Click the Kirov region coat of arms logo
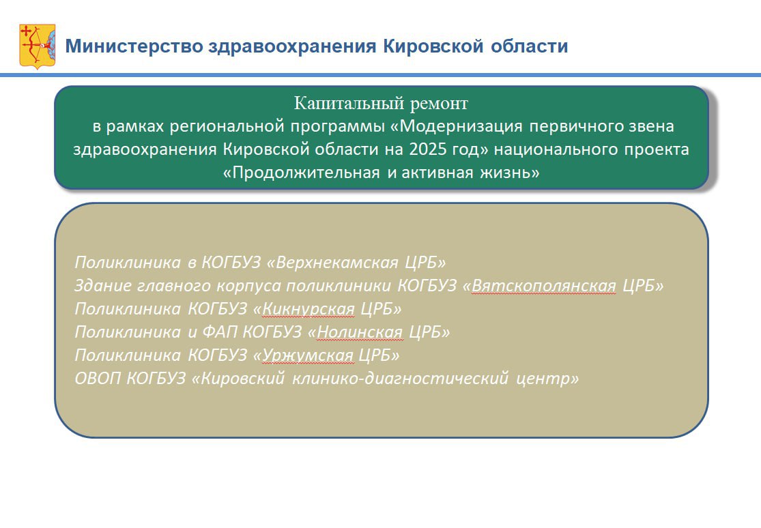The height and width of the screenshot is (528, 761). (38, 46)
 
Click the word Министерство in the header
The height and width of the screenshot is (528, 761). (134, 46)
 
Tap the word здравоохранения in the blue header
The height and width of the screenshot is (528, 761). (292, 46)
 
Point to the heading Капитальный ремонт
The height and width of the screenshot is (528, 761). (381, 103)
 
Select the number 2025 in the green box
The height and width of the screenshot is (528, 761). (427, 149)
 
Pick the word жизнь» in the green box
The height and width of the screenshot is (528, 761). (510, 173)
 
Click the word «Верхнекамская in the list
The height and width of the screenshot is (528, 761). (332, 262)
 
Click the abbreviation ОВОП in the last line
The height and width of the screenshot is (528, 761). (98, 378)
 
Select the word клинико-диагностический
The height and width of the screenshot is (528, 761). (401, 378)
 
